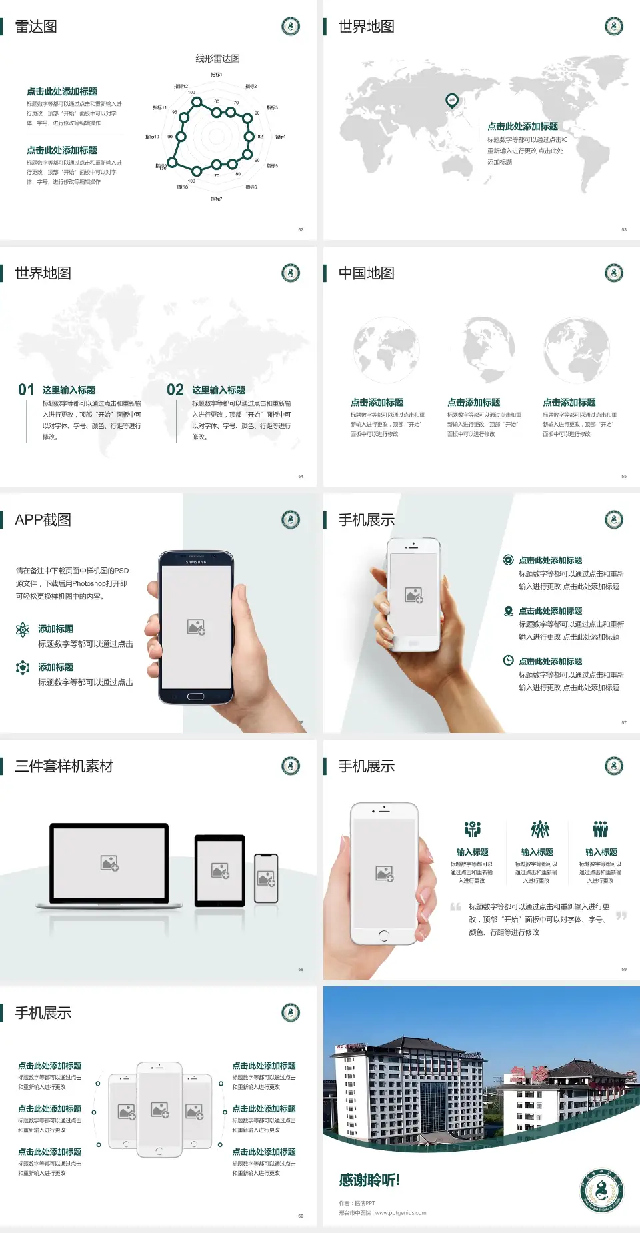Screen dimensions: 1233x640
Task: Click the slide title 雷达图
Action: pos(36,27)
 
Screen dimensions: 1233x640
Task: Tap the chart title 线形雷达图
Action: pos(217,59)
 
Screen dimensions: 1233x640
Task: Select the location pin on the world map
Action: pos(452,100)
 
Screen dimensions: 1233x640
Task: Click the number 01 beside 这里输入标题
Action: pos(26,390)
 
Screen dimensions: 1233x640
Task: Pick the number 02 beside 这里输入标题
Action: pos(175,390)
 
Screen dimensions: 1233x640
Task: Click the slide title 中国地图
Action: pos(366,273)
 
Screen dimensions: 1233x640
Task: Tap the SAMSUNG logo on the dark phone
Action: pos(196,562)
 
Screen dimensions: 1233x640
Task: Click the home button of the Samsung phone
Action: pos(195,696)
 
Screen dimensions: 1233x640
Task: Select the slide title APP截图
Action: pos(43,520)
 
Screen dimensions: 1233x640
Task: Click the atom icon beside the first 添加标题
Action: pos(23,630)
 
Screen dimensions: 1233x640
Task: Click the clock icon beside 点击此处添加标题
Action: pos(508,660)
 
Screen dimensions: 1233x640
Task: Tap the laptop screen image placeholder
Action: pos(109,863)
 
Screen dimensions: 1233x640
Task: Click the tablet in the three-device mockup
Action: pos(220,870)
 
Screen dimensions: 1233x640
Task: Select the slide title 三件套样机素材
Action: pos(64,766)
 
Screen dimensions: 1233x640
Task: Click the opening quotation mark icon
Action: pos(455,907)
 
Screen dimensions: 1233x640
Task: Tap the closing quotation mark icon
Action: pos(621,916)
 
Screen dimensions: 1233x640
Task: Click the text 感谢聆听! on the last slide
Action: pos(369,1180)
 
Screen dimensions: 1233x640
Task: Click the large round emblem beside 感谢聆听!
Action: pos(601,1190)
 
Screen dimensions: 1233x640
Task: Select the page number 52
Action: pos(301,229)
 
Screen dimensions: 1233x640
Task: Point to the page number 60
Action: pos(301,1216)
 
